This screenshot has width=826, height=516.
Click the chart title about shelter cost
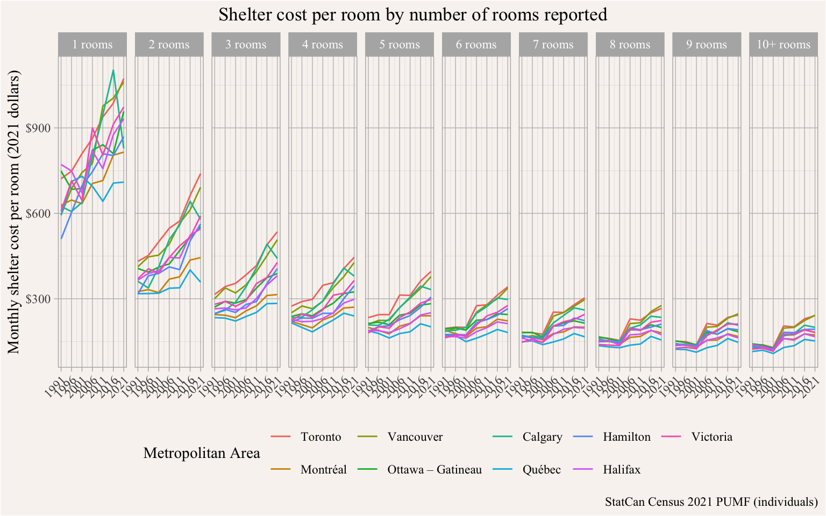[x=412, y=15]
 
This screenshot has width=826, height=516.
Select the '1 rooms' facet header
[x=92, y=45]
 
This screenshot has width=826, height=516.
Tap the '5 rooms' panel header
[x=400, y=45]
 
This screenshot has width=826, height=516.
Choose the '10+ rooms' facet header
[x=784, y=45]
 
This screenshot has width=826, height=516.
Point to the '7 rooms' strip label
[x=553, y=45]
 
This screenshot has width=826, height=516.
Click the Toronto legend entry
[x=321, y=436]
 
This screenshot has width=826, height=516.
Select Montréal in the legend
[x=323, y=469]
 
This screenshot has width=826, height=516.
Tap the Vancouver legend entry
[x=415, y=436]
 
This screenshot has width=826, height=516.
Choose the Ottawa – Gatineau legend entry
[x=434, y=469]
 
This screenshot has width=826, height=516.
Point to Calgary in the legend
[x=542, y=436]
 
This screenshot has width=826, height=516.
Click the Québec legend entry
[x=542, y=469]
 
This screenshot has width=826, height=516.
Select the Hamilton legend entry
[x=626, y=436]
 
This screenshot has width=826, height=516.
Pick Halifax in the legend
[x=622, y=469]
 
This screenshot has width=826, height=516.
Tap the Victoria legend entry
[x=711, y=436]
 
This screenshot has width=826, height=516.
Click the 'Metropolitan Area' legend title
[x=202, y=453]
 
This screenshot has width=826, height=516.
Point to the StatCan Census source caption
[x=711, y=502]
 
